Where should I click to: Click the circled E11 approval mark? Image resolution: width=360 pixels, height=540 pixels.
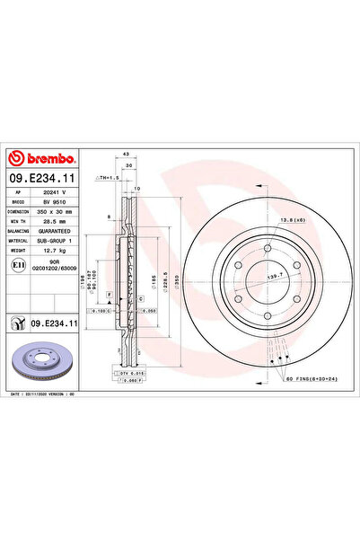(x=18, y=266)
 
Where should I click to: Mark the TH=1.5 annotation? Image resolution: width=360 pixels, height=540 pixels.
(x=109, y=180)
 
